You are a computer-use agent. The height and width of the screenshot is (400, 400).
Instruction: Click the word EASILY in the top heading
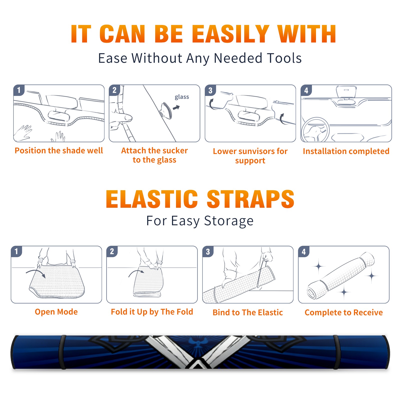tap(230, 34)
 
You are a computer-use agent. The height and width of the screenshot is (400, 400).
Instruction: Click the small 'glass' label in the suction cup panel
tap(182, 97)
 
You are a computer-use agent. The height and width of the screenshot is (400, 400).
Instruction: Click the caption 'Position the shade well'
tap(59, 150)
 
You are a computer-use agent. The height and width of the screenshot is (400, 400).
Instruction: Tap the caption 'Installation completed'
tap(346, 151)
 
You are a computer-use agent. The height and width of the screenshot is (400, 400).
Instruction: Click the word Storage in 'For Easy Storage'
tap(229, 221)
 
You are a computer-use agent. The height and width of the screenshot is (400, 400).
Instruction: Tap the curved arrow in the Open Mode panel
tap(36, 273)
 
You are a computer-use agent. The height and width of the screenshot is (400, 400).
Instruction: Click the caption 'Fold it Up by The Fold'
tap(152, 312)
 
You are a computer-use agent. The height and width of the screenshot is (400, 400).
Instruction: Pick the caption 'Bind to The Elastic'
tap(248, 312)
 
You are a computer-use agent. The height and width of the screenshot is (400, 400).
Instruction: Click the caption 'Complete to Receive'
tap(344, 312)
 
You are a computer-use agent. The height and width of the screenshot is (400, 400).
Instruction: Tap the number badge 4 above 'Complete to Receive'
tap(304, 251)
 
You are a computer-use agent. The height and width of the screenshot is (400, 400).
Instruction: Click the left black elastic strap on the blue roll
tap(62, 352)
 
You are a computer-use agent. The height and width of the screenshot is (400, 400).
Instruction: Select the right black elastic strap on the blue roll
tap(337, 352)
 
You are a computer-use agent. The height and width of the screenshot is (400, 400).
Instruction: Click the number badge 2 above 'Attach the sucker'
tap(114, 90)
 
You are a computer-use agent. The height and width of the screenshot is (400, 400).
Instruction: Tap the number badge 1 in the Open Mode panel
tap(16, 251)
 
